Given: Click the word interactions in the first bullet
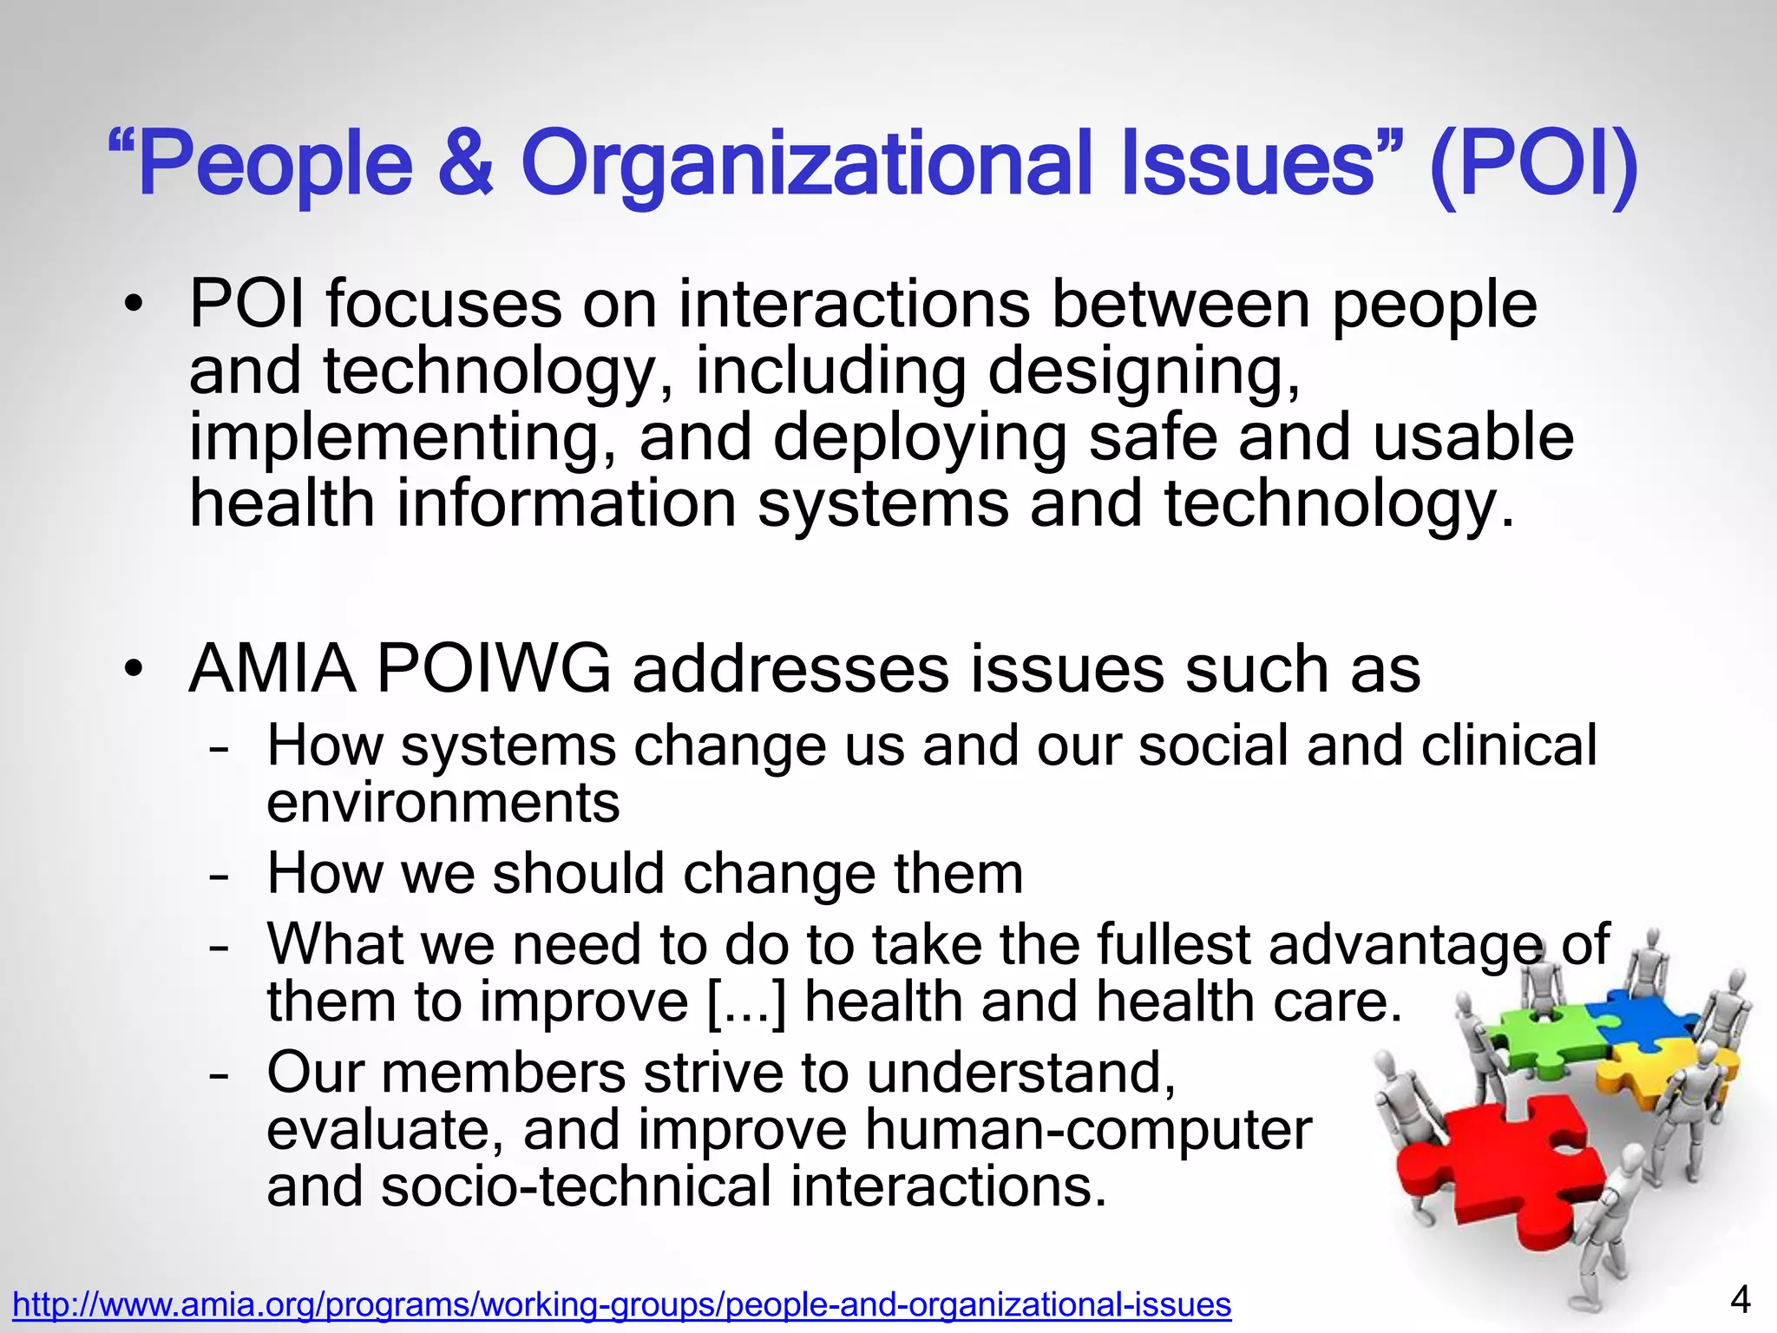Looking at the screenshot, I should click(x=854, y=305).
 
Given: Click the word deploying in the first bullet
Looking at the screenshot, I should click(x=920, y=438).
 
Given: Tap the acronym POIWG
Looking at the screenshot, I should click(x=494, y=669).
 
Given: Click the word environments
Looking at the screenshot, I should click(x=443, y=803).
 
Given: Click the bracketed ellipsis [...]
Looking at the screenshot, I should click(x=747, y=1002).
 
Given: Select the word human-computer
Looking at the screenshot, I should click(x=1088, y=1130).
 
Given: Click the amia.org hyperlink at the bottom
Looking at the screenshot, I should click(x=622, y=1304).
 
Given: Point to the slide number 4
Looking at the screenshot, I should click(x=1740, y=1300).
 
